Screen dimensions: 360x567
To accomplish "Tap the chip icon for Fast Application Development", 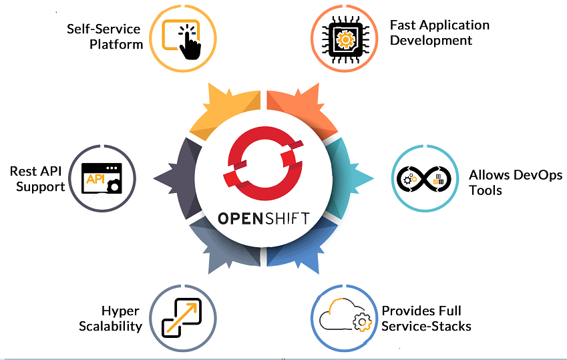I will pyautogui.click(x=345, y=38).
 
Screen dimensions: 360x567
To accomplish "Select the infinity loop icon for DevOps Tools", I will pyautogui.click(x=425, y=178).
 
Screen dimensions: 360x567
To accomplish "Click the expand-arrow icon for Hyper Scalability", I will pyautogui.click(x=183, y=318).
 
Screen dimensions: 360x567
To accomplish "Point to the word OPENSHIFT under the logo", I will pyautogui.click(x=263, y=218).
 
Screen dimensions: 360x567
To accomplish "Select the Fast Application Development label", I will pyautogui.click(x=439, y=32).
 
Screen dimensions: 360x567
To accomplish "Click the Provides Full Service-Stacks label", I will pyautogui.click(x=426, y=319).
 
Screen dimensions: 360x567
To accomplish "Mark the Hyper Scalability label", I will pyautogui.click(x=112, y=319).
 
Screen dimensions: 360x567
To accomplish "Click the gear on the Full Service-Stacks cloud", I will pyautogui.click(x=363, y=323).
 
